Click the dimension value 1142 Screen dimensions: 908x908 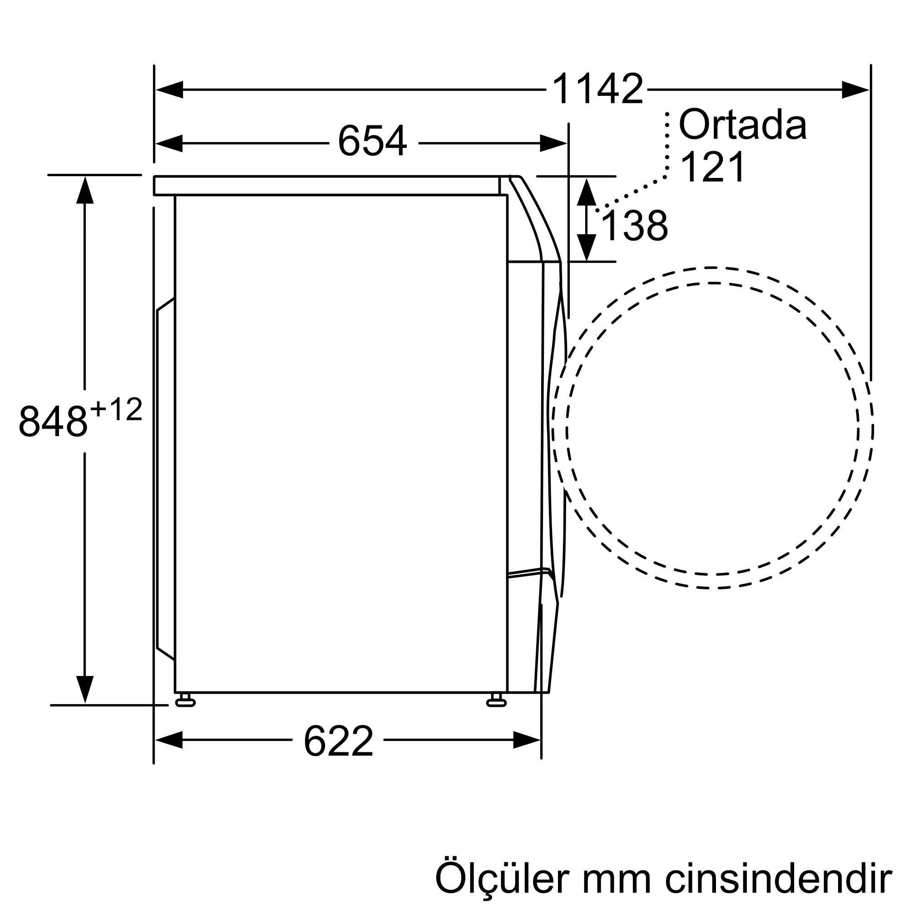(597, 89)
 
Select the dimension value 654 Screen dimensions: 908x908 (372, 141)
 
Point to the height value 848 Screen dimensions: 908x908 (53, 421)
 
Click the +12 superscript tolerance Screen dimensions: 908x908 (116, 410)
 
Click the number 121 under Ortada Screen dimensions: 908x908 (712, 168)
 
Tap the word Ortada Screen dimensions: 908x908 (743, 125)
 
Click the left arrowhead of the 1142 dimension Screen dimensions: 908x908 (169, 89)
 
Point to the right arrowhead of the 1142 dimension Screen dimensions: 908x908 (855, 89)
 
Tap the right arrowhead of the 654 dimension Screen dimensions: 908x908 (553, 143)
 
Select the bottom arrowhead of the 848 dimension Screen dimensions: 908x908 (84, 690)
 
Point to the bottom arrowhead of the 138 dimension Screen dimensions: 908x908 (587, 247)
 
